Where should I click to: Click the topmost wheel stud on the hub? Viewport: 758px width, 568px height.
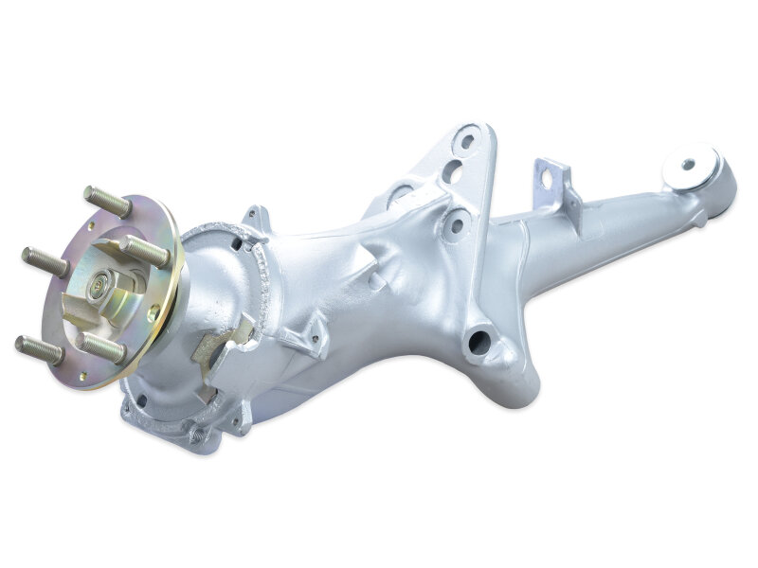[x=107, y=201]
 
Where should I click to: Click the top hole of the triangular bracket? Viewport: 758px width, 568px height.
[x=467, y=143]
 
